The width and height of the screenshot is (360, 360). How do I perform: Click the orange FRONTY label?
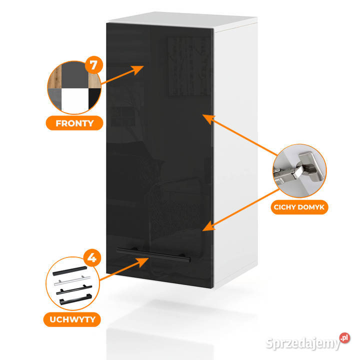pos(74,123)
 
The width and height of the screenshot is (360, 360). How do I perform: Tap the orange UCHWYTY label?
pos(72,319)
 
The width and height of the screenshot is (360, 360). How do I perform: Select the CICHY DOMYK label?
pos(299,207)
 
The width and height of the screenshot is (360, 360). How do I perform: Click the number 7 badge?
pos(93,65)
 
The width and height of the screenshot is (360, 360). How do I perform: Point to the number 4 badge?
pos(92,258)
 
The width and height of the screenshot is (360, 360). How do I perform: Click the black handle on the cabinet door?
pos(154,254)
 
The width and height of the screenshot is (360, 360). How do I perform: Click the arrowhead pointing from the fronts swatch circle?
pos(137,69)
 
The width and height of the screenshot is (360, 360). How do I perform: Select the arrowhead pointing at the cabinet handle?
pos(142,261)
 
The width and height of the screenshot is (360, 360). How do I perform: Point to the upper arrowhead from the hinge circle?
pos(208,118)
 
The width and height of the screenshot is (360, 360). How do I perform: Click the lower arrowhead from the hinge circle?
pos(208,226)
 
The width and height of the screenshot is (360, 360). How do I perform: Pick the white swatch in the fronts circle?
pos(75,100)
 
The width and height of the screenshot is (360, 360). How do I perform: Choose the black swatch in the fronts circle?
pos(94,97)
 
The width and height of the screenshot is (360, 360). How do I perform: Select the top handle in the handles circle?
pos(70,271)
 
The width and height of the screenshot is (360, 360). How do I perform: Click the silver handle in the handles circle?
pos(72,280)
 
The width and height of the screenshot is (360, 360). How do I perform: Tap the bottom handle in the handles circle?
pos(75,299)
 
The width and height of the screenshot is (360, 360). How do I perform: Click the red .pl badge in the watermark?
pos(344,338)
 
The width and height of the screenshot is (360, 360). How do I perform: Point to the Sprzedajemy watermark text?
pos(302,343)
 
